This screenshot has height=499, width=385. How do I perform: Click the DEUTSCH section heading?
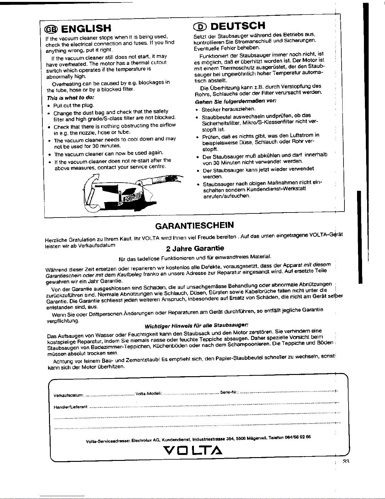click(x=238, y=25)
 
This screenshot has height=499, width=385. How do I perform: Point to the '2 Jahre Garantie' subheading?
click(x=195, y=248)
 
